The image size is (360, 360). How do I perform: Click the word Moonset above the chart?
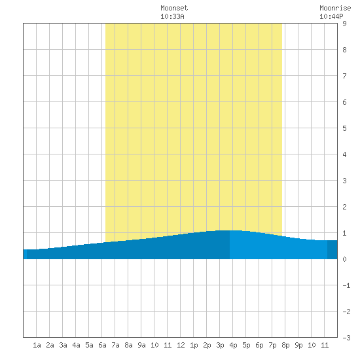pos(174,8)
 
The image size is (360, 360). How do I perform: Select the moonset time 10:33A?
pos(172,16)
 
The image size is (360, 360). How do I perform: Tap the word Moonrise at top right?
pos(335,8)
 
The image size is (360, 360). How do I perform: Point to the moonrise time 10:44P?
pos(331,16)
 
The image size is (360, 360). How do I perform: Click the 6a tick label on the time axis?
pos(102,345)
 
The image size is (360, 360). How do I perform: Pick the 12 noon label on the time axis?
pos(181,345)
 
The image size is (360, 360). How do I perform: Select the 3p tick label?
pos(220,345)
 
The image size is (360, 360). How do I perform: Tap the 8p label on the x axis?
pos(285,345)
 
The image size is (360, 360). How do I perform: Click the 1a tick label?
pos(37,345)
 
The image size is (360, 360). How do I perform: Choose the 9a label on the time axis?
pos(141,345)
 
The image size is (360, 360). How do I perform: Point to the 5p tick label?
pos(246,345)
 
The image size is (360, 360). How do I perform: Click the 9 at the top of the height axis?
pos(344,24)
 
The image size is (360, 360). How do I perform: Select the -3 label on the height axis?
pos(346,338)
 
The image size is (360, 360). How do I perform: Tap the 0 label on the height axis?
pos(344,259)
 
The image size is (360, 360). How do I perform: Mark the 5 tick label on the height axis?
pos(344,128)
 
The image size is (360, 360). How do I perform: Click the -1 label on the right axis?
pos(346,285)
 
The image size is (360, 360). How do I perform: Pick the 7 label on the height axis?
pos(344,76)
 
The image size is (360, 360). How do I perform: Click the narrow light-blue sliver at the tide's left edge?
pos(25,254)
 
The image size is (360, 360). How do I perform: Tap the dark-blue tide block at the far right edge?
pos(333,249)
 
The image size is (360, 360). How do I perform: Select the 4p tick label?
pos(233,345)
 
